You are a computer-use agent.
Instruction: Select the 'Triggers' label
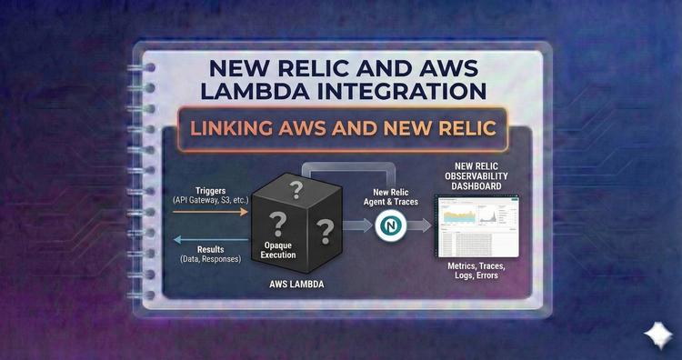point(211,190)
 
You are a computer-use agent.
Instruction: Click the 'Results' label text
point(211,248)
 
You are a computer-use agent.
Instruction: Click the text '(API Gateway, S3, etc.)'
point(211,200)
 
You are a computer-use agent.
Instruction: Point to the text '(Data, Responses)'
point(211,259)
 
